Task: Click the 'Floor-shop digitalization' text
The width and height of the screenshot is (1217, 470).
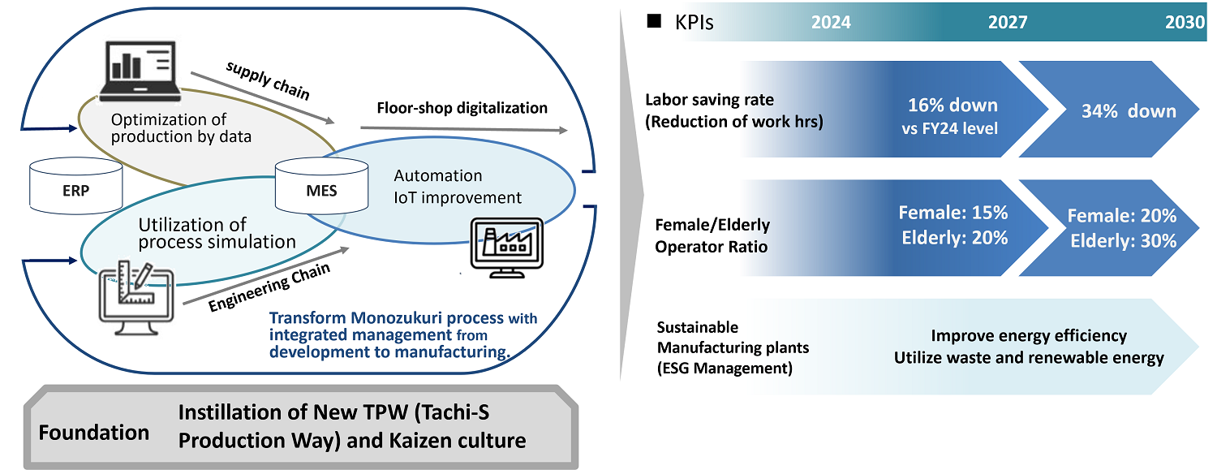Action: point(462,108)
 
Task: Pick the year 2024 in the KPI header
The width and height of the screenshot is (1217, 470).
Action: point(831,23)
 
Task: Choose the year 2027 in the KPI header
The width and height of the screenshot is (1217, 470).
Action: point(1008,23)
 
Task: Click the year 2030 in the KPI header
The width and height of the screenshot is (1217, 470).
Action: point(1185,23)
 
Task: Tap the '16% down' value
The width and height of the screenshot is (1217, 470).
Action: point(953,106)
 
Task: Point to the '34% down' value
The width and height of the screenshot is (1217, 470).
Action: point(1129,111)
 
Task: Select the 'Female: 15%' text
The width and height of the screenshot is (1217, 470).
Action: point(953,213)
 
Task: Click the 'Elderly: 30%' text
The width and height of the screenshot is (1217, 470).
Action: point(1123,240)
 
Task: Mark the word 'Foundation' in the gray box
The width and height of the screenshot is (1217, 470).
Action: point(94,432)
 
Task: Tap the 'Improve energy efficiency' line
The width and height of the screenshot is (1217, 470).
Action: point(1029,336)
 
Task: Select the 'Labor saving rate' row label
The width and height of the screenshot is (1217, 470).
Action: point(710,100)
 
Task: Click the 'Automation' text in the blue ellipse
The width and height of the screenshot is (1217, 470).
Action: point(437,176)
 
